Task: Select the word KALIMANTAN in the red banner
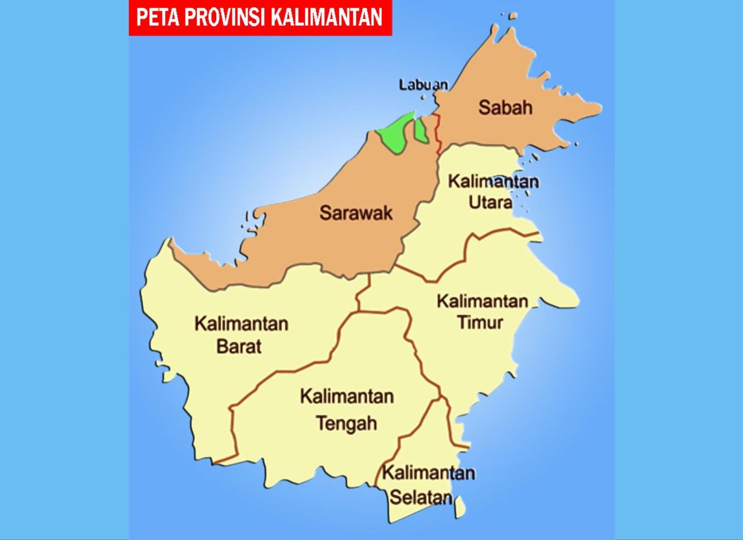[327, 17]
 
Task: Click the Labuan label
[423, 85]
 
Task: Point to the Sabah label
[505, 108]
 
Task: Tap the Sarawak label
[356, 213]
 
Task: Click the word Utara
[490, 202]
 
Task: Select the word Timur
[480, 323]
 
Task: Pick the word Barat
[239, 347]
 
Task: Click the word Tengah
[346, 424]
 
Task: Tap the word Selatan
[421, 497]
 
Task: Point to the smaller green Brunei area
[421, 130]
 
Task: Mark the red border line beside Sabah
[438, 133]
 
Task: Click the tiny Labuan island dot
[422, 97]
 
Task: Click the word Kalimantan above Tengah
[347, 397]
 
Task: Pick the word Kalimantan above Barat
[241, 324]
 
